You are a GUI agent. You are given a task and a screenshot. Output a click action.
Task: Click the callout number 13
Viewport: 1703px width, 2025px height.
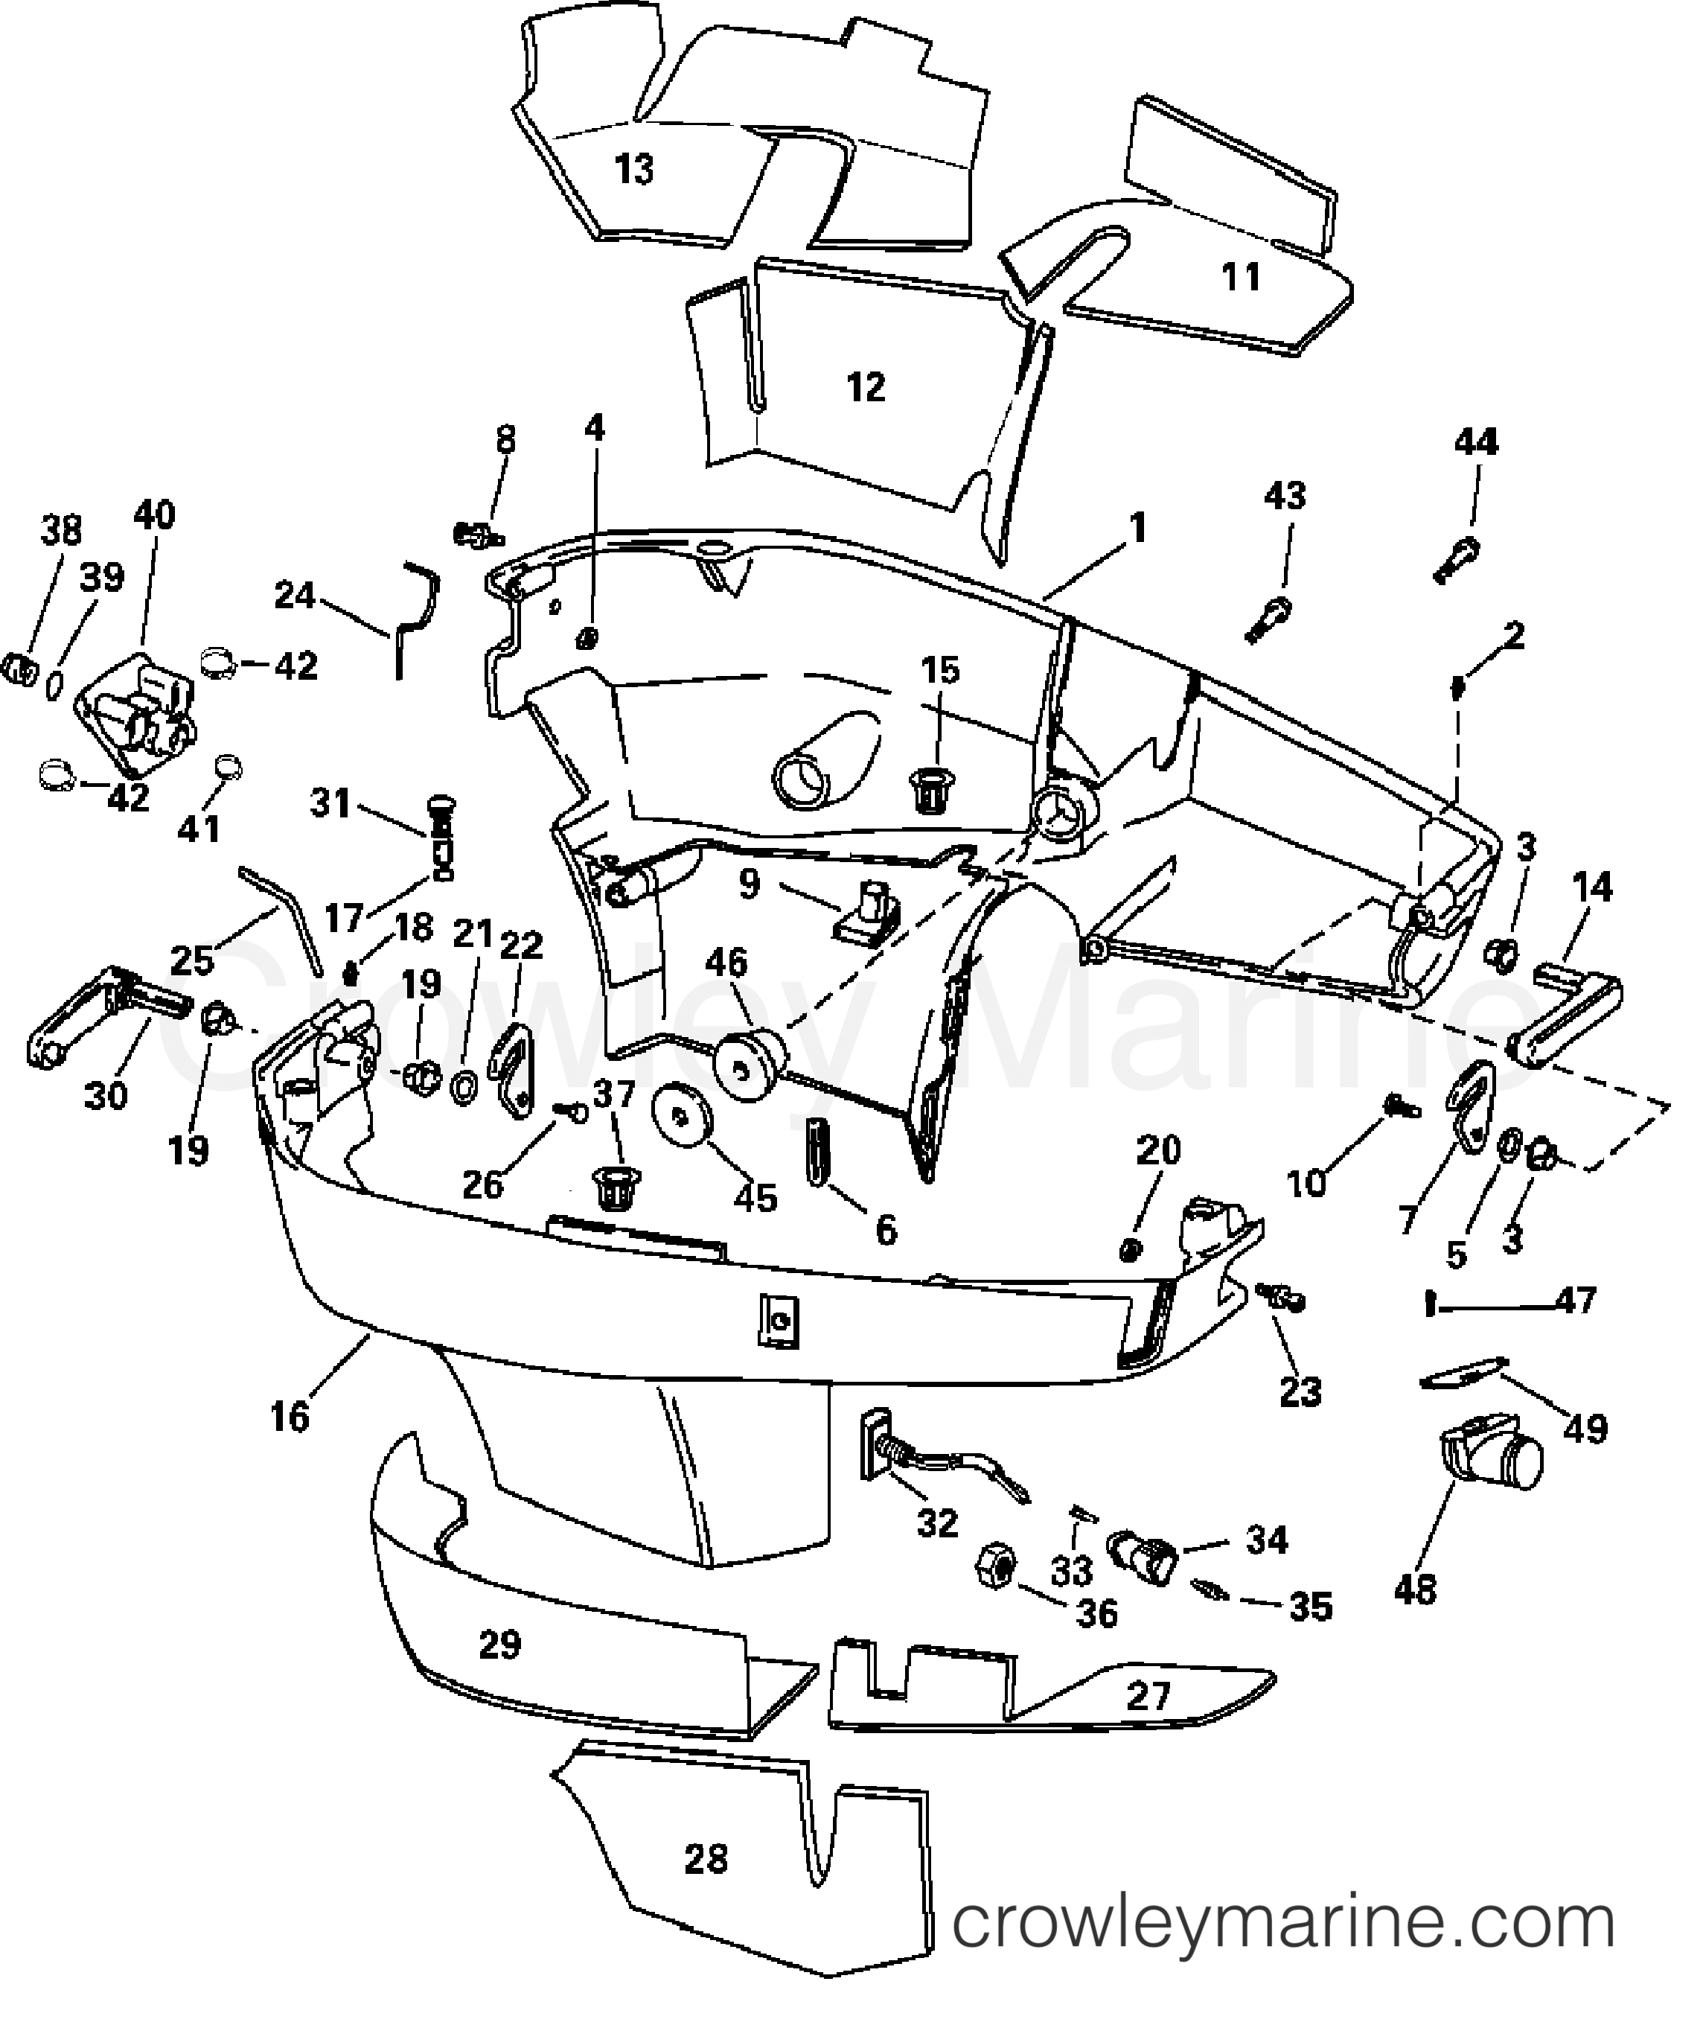(634, 169)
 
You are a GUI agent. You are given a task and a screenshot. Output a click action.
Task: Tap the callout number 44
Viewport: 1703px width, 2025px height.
(1476, 442)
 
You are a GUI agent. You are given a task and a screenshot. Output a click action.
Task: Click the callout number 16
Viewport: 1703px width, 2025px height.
(290, 1417)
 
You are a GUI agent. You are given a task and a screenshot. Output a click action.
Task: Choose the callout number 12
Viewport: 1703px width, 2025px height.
(865, 388)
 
